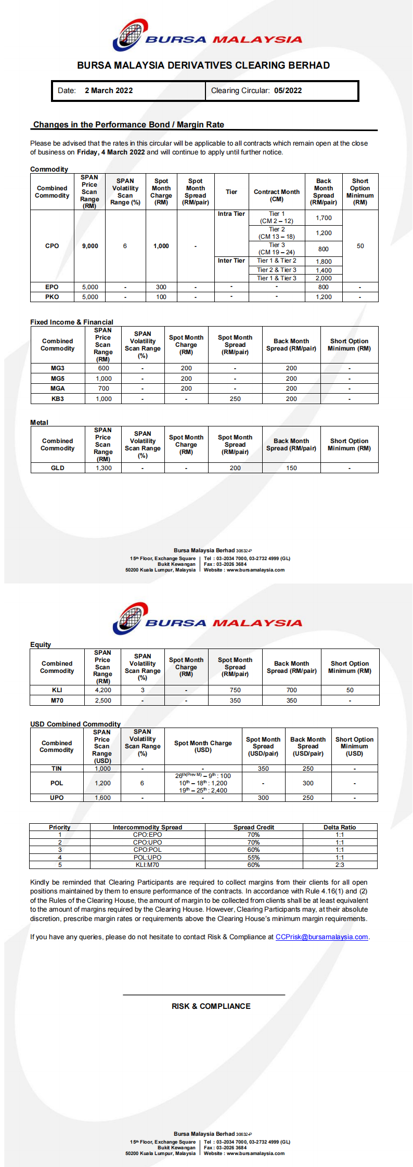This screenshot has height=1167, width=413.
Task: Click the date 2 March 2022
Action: [109, 90]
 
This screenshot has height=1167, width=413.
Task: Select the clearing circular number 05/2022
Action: [288, 90]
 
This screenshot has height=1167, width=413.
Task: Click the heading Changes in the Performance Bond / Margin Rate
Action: [128, 125]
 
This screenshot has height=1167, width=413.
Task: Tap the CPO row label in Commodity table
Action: [52, 246]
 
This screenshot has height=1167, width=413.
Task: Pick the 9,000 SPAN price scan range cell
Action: [90, 246]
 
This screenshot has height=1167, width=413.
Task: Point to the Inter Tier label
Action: [231, 261]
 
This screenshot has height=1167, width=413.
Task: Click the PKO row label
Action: [52, 297]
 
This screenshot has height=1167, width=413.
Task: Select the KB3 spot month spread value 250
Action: [235, 399]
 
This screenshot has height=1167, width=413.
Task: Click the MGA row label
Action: [58, 388]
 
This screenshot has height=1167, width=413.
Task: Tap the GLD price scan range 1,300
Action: [104, 468]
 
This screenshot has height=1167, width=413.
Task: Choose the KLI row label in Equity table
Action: [57, 690]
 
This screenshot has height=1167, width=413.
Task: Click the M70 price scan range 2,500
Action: [103, 701]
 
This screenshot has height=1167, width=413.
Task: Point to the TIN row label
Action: [57, 769]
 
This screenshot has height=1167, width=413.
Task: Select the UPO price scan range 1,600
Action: [102, 798]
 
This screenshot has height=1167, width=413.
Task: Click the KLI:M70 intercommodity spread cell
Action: [147, 865]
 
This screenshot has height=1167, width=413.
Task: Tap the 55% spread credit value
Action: [253, 858]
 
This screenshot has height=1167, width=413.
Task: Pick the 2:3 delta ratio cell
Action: [340, 865]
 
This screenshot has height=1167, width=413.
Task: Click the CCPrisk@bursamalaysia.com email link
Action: [322, 937]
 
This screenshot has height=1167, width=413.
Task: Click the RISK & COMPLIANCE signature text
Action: [211, 1006]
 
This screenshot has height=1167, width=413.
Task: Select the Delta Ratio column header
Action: [340, 827]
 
